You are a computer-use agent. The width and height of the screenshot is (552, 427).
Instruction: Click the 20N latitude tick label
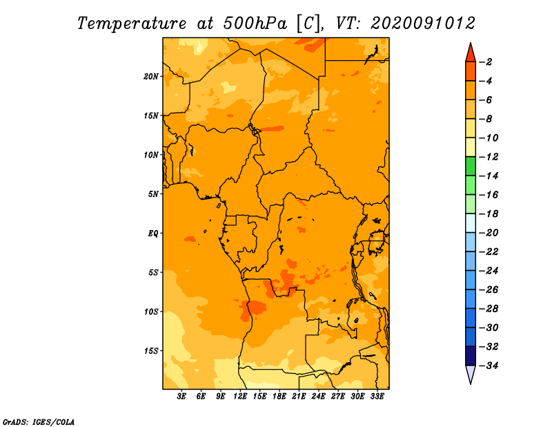[151, 77]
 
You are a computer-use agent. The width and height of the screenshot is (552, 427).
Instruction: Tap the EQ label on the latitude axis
[153, 234]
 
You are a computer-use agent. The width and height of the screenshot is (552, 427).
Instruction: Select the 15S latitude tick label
[151, 351]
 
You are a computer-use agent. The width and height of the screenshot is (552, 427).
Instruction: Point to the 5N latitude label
[153, 194]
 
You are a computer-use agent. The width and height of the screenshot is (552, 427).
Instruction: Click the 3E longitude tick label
[181, 397]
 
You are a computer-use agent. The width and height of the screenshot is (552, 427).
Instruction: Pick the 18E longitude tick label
[279, 397]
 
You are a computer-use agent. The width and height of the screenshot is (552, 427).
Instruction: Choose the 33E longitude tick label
[377, 397]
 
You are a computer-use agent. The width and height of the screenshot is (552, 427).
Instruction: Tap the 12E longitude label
[240, 397]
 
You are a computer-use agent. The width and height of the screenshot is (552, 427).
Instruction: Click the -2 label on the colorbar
[486, 62]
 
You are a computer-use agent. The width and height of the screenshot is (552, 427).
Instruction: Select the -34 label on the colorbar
[489, 366]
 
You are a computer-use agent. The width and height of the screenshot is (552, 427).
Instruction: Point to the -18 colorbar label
[489, 213]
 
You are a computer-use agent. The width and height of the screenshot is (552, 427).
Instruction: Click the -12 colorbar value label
[489, 157]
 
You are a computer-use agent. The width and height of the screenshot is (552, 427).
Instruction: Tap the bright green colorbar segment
[471, 166]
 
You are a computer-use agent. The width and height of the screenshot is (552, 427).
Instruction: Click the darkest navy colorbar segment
[471, 356]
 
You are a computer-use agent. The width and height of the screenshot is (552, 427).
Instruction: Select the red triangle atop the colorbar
[471, 54]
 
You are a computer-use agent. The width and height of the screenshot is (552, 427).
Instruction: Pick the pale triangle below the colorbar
[471, 374]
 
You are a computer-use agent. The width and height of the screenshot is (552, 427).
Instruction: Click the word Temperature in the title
[132, 23]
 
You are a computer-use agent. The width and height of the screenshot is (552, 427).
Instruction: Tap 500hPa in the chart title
[255, 23]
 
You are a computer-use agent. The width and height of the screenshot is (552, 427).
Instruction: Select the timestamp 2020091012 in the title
[423, 23]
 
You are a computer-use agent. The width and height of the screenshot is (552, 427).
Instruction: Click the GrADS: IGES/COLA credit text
[39, 422]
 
